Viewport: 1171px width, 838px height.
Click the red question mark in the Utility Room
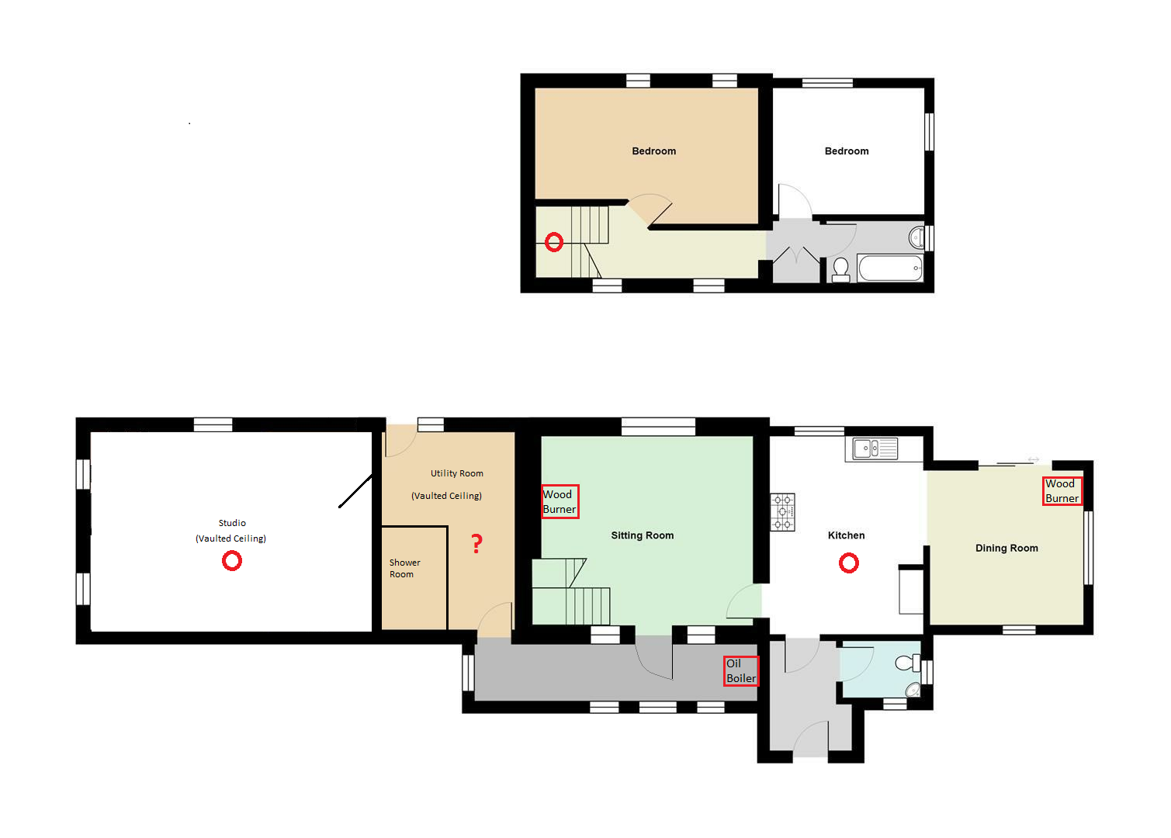pyautogui.click(x=476, y=544)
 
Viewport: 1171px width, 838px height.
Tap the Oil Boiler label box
pyautogui.click(x=741, y=670)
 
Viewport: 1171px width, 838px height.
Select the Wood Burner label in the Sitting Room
pyautogui.click(x=560, y=501)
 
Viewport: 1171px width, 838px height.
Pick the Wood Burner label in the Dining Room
pyautogui.click(x=1062, y=491)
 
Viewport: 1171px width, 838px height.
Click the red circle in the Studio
pyautogui.click(x=231, y=561)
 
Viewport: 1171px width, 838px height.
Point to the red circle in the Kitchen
pyautogui.click(x=848, y=563)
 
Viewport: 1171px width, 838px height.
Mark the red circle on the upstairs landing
pyautogui.click(x=553, y=241)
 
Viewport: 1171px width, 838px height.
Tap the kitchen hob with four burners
pyautogui.click(x=782, y=512)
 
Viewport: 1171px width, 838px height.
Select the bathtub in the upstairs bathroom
pyautogui.click(x=890, y=268)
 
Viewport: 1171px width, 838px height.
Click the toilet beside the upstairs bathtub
pyautogui.click(x=840, y=270)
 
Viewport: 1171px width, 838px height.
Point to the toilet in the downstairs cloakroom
pyautogui.click(x=907, y=663)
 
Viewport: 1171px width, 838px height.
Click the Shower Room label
pyautogui.click(x=404, y=568)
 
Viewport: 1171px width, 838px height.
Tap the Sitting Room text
pyautogui.click(x=642, y=535)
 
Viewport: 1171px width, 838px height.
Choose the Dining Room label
pyautogui.click(x=1006, y=548)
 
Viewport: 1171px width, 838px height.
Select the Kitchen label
pyautogui.click(x=846, y=535)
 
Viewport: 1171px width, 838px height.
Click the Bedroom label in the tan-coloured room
pyautogui.click(x=653, y=151)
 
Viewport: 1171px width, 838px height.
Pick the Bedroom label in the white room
pyautogui.click(x=847, y=151)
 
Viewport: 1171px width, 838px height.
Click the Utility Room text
pyautogui.click(x=456, y=473)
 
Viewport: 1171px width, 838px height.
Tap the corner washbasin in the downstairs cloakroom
pyautogui.click(x=913, y=690)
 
